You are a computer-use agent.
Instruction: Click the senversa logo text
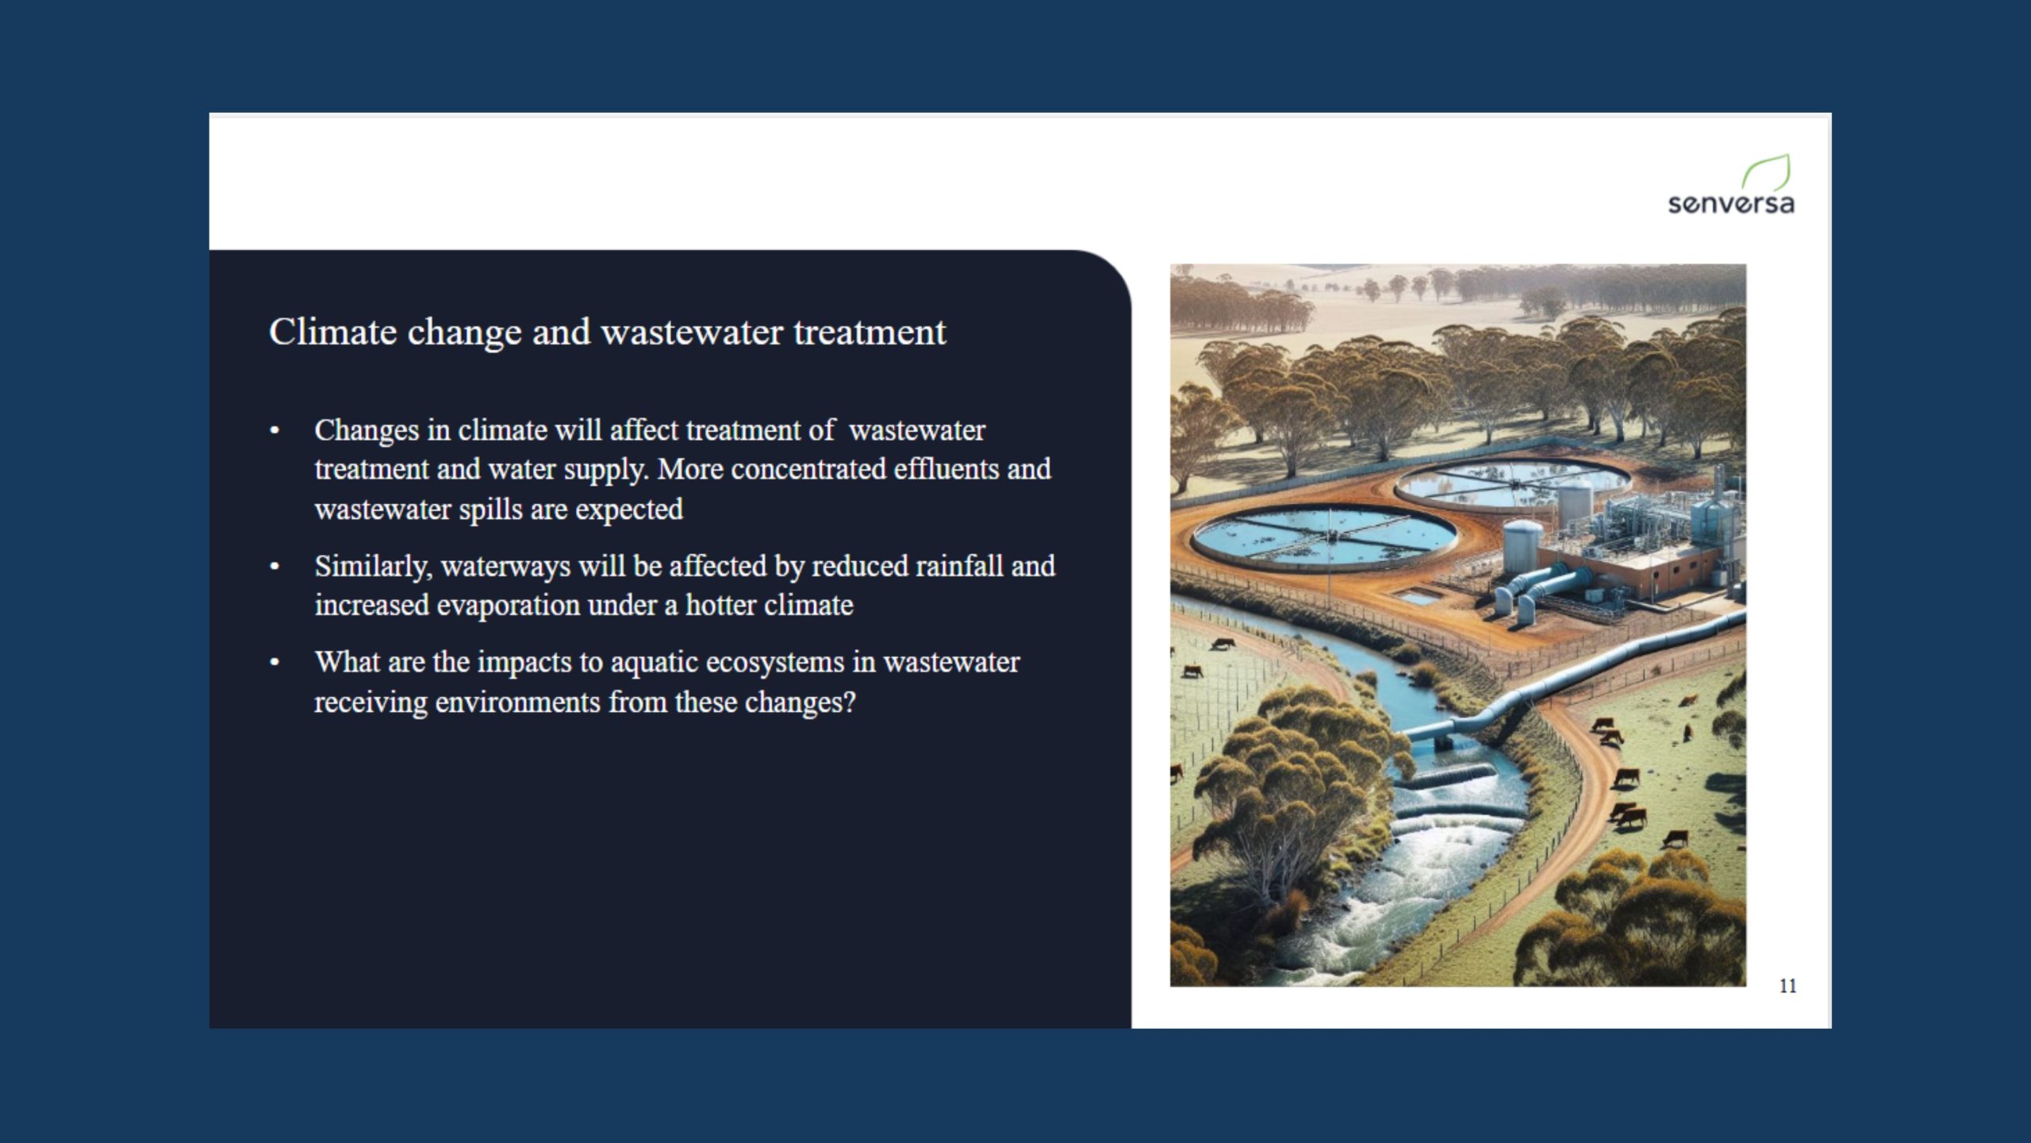1730,204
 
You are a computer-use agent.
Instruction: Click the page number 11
1787,986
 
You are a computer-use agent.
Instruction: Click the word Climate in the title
332,332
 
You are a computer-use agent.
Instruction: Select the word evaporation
509,606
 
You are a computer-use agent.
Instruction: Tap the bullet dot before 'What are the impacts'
275,662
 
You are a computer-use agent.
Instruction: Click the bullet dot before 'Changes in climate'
275,431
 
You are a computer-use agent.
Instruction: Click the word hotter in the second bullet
720,606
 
